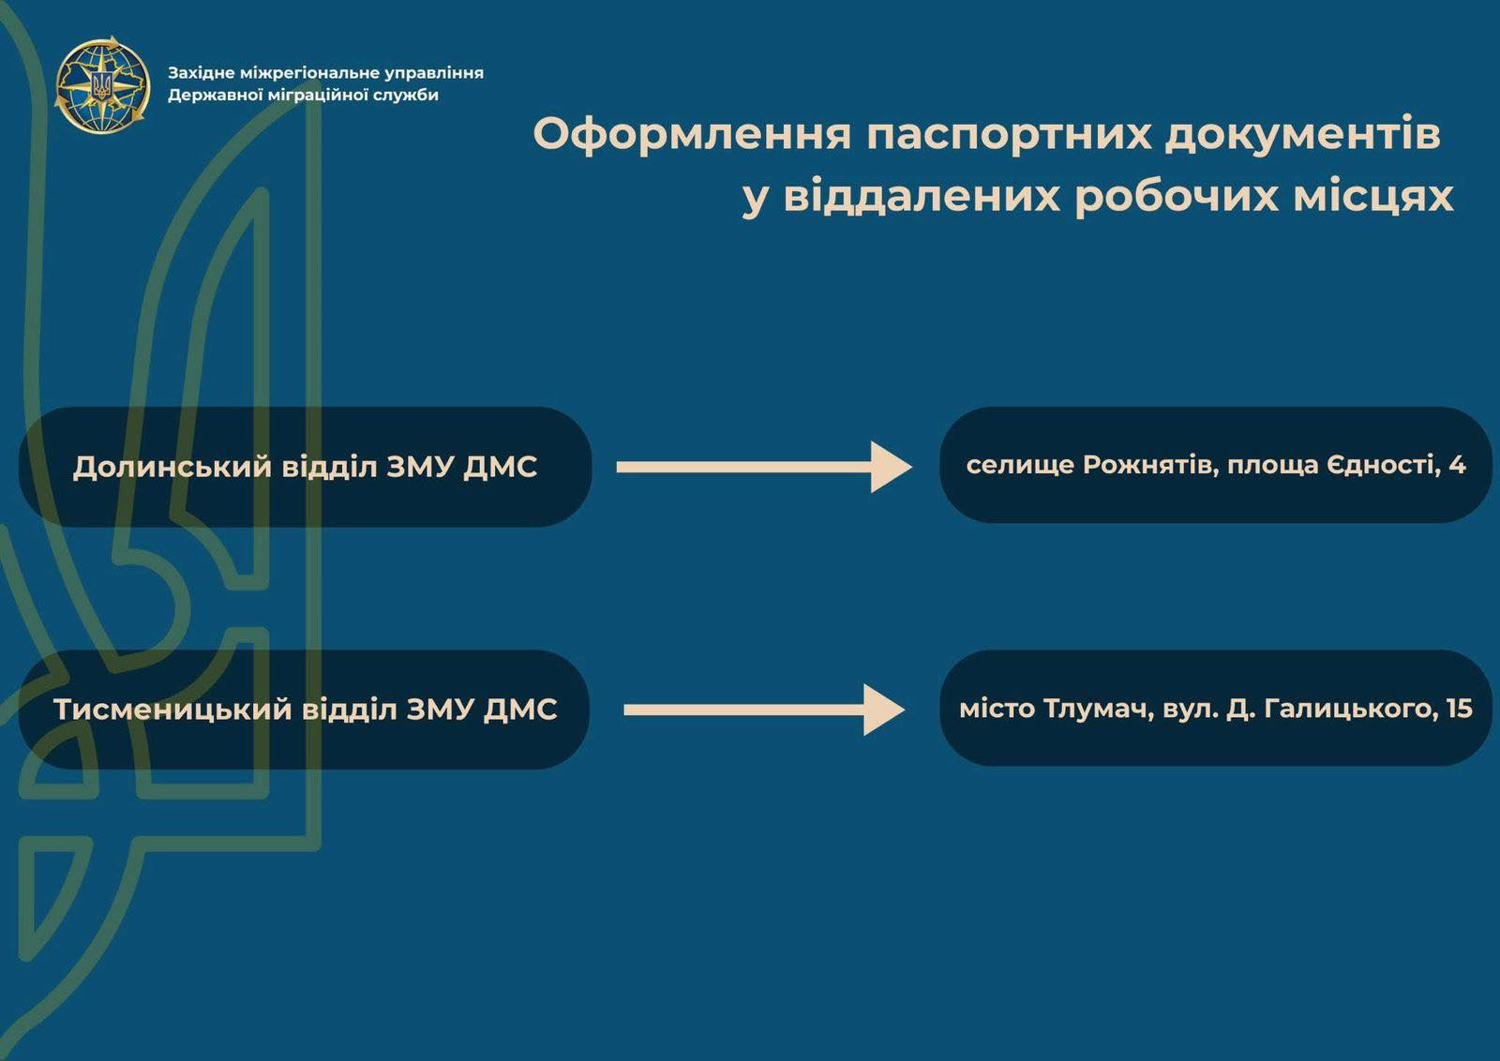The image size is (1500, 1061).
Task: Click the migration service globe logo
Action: pos(102,84)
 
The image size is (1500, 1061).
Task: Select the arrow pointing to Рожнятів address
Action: pos(764,468)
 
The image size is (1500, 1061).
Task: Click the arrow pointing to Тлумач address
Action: pos(764,710)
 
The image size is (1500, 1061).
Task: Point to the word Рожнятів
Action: pos(1150,465)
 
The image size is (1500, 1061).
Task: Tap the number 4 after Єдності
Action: pos(1457,465)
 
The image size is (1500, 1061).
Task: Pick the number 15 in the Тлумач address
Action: pos(1459,709)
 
